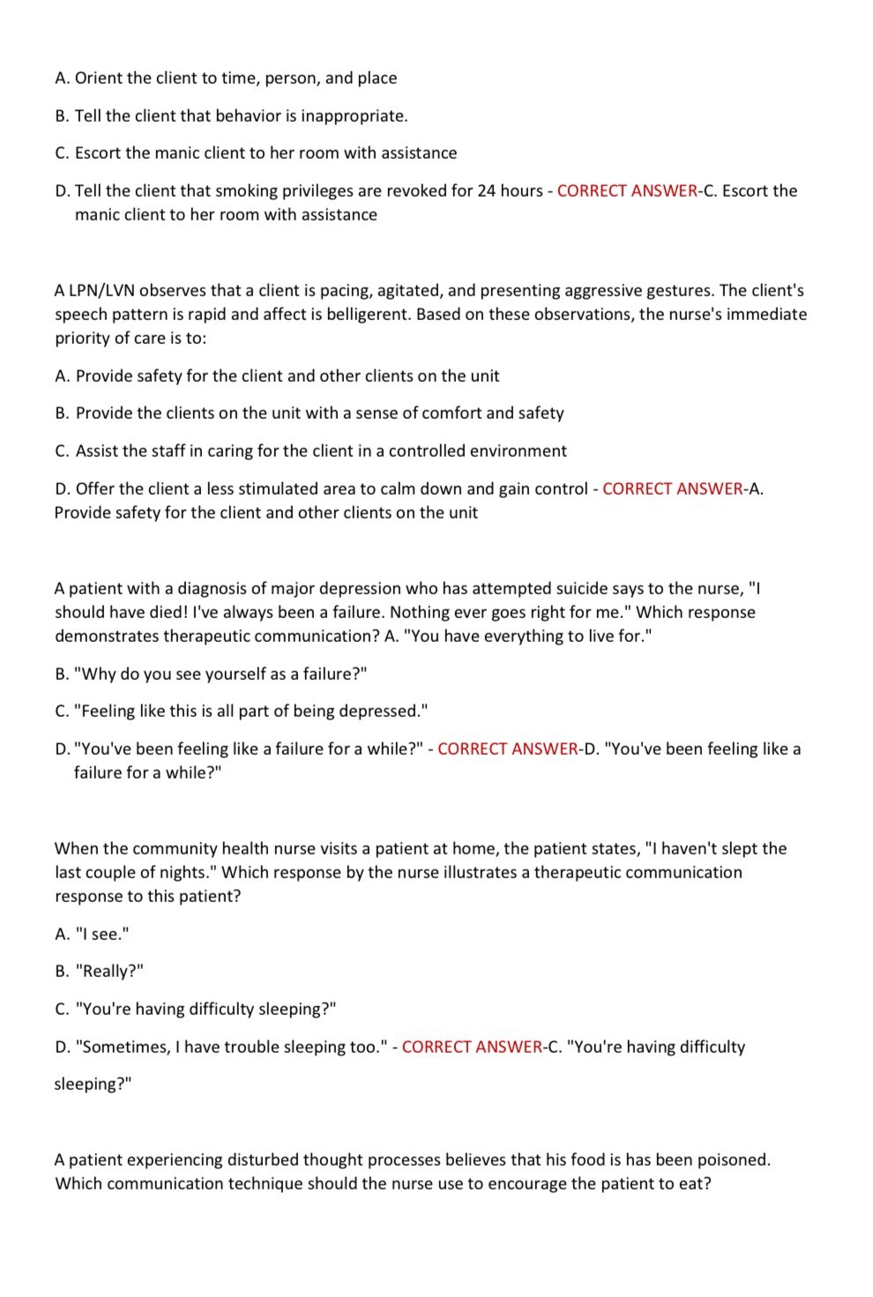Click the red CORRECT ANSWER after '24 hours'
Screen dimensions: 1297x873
(x=627, y=191)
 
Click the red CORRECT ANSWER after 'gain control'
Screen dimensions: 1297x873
(x=673, y=489)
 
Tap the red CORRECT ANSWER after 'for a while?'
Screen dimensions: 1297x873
(x=508, y=749)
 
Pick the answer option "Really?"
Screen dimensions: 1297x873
(x=110, y=972)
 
